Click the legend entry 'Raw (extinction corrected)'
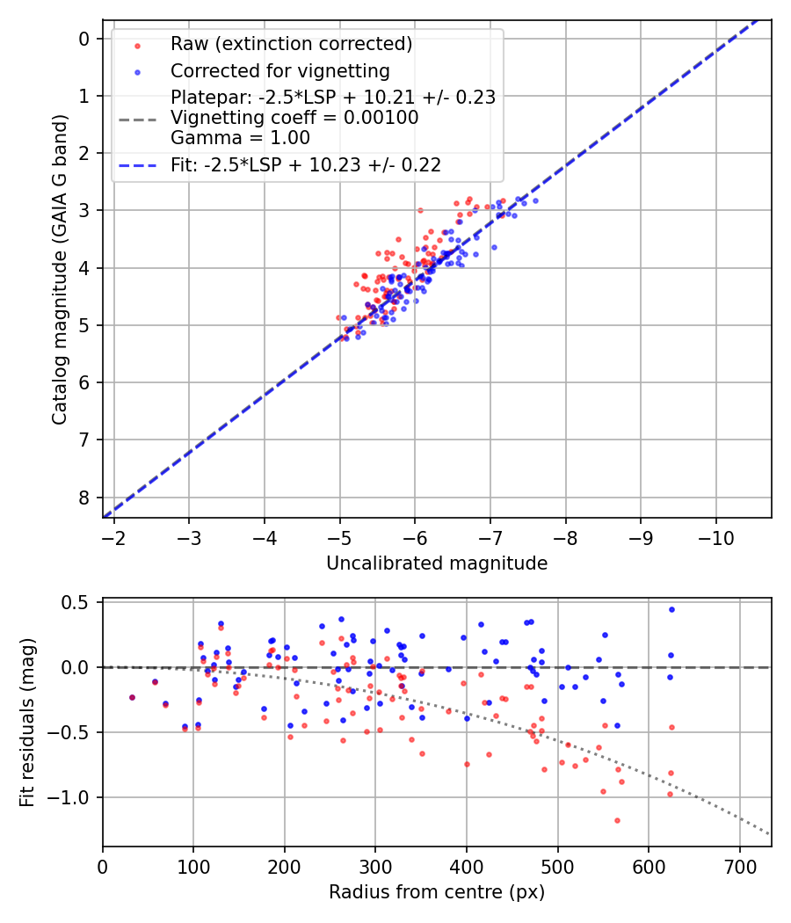[291, 44]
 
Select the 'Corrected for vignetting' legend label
[279, 70]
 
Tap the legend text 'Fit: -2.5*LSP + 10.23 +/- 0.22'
[306, 164]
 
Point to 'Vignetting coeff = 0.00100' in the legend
[294, 117]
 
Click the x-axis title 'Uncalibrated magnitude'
[437, 563]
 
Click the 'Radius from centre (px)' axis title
[437, 892]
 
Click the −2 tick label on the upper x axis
[113, 537]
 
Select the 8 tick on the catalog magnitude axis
[83, 498]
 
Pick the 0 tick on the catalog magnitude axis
[83, 39]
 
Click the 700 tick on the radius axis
[739, 866]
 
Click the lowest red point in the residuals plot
[617, 820]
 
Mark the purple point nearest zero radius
[132, 697]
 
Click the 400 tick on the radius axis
[467, 866]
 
